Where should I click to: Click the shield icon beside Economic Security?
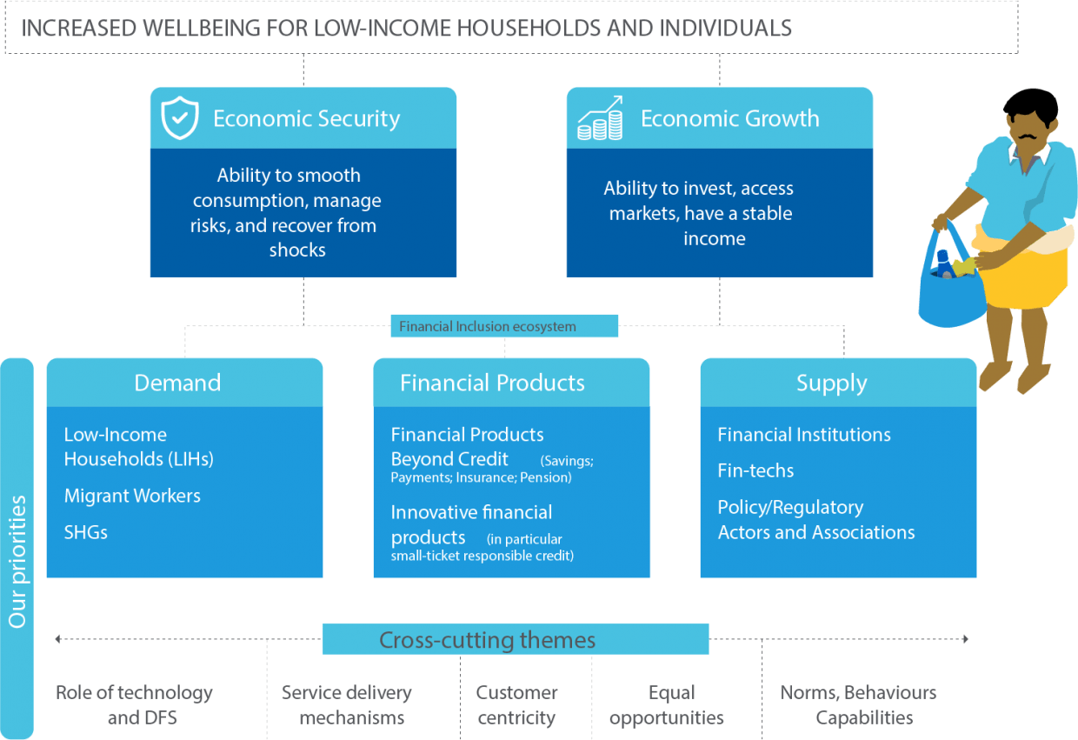[x=179, y=118]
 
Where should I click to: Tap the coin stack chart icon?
[x=600, y=118]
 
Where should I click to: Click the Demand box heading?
[x=177, y=383]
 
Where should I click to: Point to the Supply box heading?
[x=832, y=383]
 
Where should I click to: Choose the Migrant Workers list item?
[x=132, y=496]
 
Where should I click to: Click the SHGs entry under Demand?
[x=86, y=532]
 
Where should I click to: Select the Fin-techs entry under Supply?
[x=755, y=470]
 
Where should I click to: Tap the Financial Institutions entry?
[x=804, y=434]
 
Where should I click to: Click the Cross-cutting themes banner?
[x=516, y=639]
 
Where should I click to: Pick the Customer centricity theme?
[x=516, y=705]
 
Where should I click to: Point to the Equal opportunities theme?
[x=667, y=705]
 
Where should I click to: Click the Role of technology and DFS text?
[x=134, y=705]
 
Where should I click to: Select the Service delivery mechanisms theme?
[x=347, y=705]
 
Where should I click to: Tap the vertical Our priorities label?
[x=17, y=562]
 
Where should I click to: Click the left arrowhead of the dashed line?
[x=57, y=639]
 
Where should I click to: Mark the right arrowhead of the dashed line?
[x=965, y=639]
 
